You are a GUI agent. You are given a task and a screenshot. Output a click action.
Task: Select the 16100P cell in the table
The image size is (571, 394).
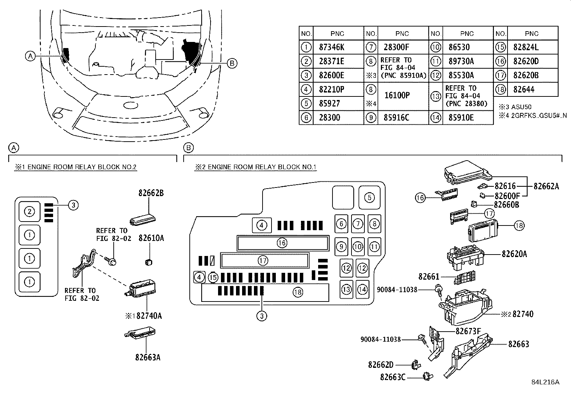[x=397, y=95]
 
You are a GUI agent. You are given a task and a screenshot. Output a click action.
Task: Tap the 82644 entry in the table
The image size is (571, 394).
[x=524, y=89]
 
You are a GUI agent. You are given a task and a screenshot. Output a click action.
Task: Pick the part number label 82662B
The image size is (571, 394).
[x=151, y=193]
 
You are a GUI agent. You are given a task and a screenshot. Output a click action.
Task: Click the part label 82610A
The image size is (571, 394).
[x=151, y=238]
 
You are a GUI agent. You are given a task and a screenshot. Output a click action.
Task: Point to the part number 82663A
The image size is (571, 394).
[x=148, y=357]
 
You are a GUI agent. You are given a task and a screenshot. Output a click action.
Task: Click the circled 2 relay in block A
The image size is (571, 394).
[x=29, y=212]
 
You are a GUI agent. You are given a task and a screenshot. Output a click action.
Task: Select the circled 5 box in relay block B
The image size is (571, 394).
[x=369, y=197]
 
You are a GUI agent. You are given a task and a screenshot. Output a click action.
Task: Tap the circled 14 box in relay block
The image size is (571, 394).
[x=363, y=289]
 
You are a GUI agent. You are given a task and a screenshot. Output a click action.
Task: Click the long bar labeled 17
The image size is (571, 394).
[x=264, y=260]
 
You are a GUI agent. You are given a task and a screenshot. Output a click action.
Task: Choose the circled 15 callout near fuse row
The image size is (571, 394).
[x=213, y=277]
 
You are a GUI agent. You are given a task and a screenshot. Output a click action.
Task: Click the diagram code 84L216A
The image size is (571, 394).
[x=545, y=382]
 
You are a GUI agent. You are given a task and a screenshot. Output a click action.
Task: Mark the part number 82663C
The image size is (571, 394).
[x=393, y=377]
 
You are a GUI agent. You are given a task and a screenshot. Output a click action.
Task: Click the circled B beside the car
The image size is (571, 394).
[x=232, y=63]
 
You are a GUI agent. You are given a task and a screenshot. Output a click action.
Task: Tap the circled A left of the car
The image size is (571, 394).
[x=30, y=56]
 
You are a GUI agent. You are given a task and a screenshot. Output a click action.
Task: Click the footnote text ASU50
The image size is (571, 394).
[x=522, y=107]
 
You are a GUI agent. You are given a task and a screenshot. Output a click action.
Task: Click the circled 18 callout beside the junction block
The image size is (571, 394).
[x=519, y=225]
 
